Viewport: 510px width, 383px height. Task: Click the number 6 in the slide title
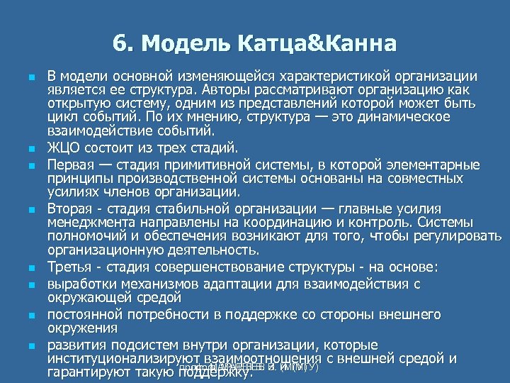(118, 44)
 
